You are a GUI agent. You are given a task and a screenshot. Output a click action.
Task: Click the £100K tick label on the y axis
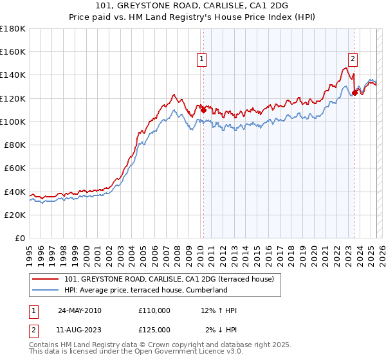point(13,122)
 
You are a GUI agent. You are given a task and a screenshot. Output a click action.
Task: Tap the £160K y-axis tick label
point(13,51)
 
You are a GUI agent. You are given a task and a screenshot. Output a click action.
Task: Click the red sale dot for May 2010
point(203,110)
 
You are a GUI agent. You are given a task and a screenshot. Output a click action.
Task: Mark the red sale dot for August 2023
point(354,93)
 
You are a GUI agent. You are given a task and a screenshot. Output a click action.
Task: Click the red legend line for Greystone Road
point(46,279)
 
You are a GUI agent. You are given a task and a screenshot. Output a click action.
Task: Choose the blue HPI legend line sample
point(46,290)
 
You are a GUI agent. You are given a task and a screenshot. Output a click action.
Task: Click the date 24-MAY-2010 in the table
point(80,310)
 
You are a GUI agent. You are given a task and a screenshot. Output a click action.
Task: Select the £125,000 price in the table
point(154,329)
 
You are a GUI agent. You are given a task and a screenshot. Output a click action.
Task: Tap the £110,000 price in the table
point(154,310)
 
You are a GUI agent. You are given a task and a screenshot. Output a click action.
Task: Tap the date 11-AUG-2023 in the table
point(80,329)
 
